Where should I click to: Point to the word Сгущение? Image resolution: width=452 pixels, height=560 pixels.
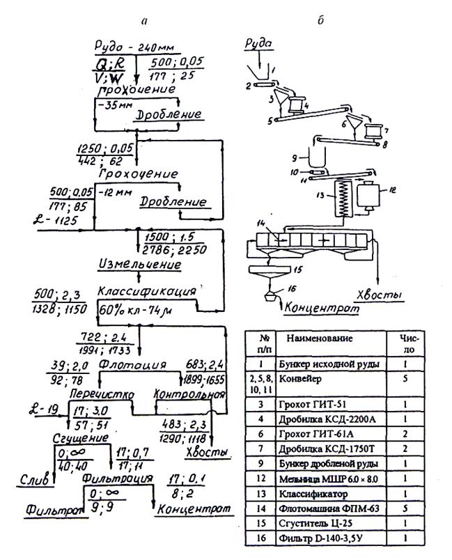(80, 438)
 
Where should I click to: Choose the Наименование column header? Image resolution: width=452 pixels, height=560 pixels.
(318, 339)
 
